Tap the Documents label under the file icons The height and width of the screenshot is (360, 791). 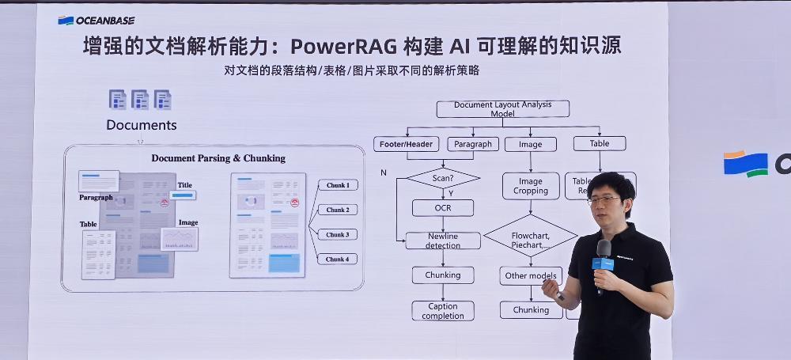click(142, 125)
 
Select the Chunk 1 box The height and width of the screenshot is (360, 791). click(337, 185)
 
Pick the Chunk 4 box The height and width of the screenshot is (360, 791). click(337, 259)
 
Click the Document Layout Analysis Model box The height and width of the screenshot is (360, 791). click(502, 109)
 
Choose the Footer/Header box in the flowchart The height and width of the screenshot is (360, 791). click(405, 144)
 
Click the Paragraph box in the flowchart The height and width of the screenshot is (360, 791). click(473, 144)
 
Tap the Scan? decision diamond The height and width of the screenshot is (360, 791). click(443, 178)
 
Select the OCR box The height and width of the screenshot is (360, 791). click(443, 208)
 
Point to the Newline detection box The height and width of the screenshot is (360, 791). click(443, 241)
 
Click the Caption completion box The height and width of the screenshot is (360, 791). click(443, 311)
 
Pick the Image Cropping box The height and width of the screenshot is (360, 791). click(530, 186)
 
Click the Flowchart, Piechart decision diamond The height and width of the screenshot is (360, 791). click(530, 236)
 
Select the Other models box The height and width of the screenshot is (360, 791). click(530, 276)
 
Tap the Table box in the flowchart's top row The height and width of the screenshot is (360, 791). click(600, 143)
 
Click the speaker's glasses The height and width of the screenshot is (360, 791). click(604, 200)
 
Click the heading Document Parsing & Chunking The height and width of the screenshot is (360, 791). click(218, 158)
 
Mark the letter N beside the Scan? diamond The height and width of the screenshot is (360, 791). click(384, 172)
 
